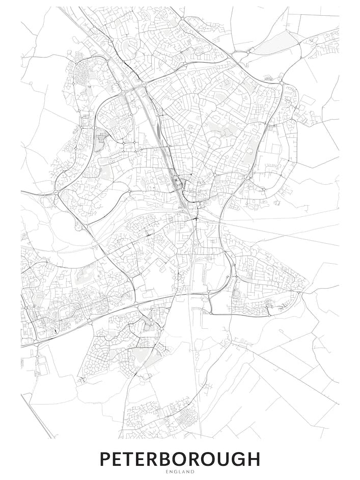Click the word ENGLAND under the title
point(180,472)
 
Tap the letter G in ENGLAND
point(176,472)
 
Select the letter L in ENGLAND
point(180,472)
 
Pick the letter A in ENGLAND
point(184,472)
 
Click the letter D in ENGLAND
point(193,472)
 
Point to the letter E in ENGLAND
point(167,472)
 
